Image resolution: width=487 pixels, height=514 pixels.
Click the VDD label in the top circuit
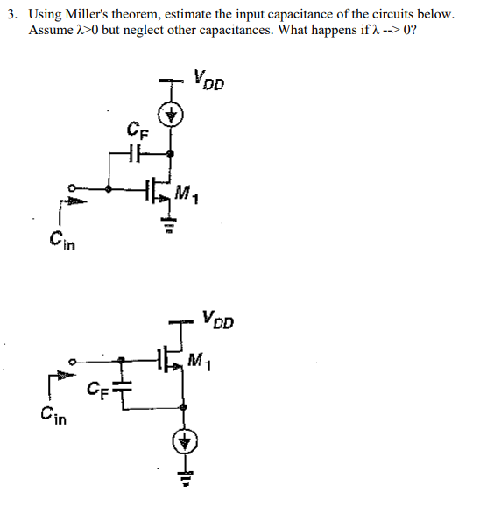coord(209,81)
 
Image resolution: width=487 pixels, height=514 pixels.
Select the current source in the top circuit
coord(173,115)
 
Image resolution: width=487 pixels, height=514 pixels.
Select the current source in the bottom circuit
coord(183,443)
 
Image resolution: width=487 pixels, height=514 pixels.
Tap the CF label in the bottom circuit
coord(99,387)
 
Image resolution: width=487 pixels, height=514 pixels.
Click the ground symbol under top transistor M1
coord(172,230)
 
